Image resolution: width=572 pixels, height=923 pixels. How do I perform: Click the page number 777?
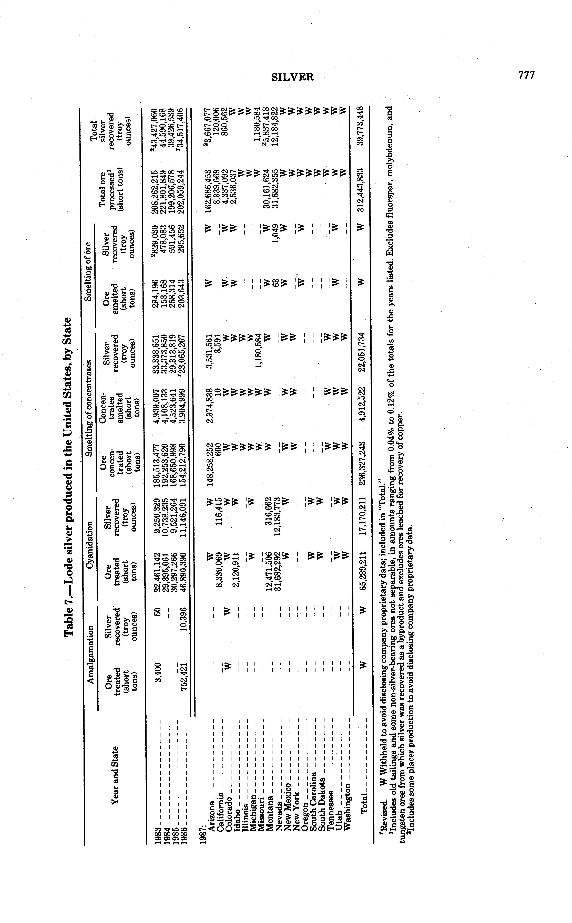527,75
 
